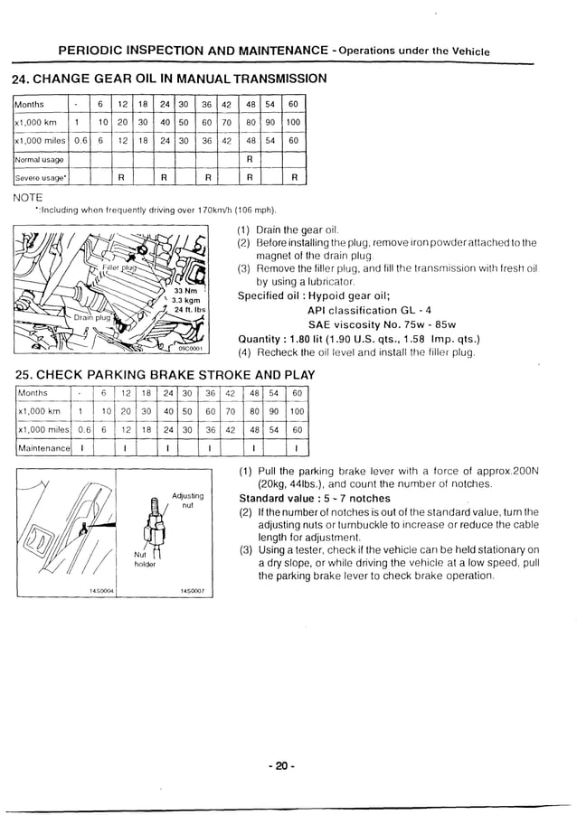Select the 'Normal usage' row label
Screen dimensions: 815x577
click(39, 159)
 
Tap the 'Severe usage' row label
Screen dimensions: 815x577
click(40, 178)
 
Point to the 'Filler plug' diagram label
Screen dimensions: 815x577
click(118, 268)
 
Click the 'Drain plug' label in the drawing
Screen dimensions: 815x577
click(91, 317)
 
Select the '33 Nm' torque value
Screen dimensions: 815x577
click(184, 290)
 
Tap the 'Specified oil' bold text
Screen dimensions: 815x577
click(279, 295)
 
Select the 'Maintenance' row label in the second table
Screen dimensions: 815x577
click(43, 448)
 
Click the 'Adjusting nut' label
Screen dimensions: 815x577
click(187, 501)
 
